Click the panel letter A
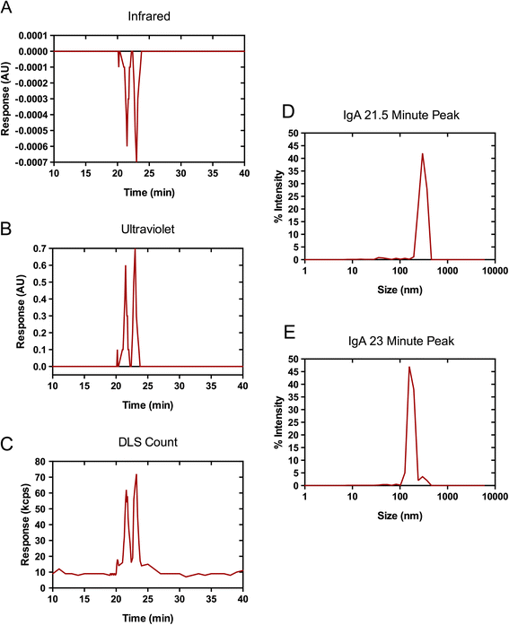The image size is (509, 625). pyautogui.click(x=8, y=9)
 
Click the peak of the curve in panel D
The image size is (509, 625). pyautogui.click(x=422, y=153)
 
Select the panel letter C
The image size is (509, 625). pyautogui.click(x=8, y=439)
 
